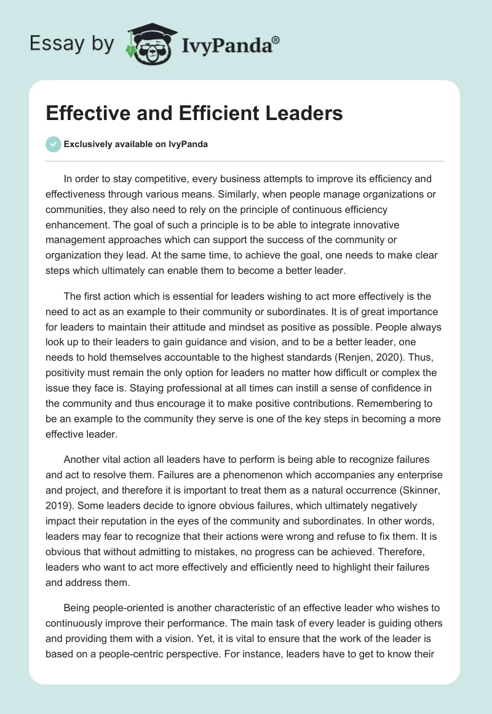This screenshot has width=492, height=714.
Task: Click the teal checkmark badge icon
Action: point(53,144)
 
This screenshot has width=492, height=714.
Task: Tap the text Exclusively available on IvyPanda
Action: point(136,145)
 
